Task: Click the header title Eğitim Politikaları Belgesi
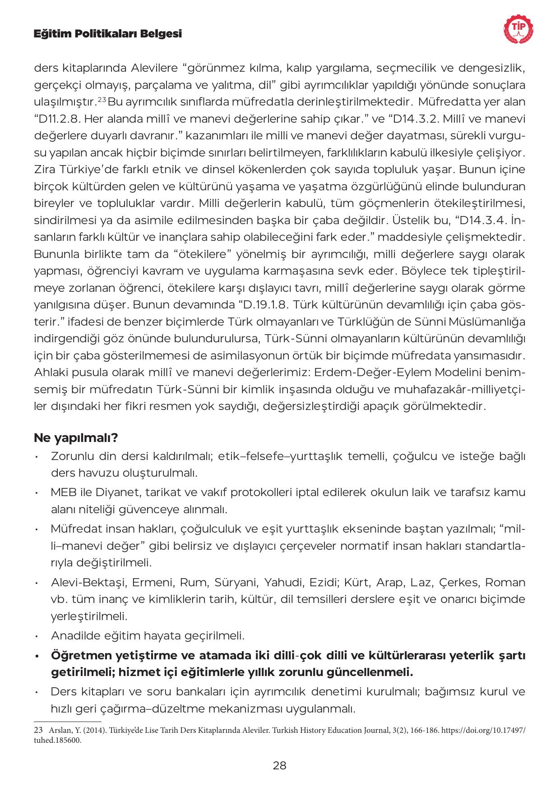click(108, 33)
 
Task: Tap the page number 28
click(280, 765)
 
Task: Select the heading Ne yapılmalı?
click(76, 437)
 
